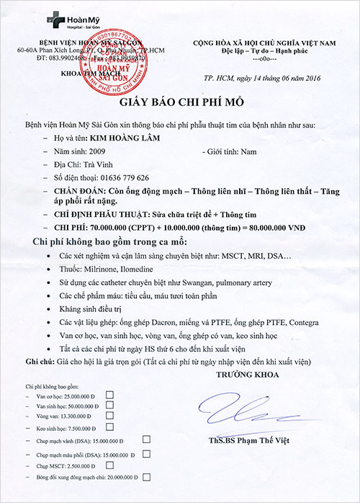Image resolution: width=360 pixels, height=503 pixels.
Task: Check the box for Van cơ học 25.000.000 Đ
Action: point(109,394)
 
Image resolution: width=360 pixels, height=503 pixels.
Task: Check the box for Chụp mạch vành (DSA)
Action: point(146,439)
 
